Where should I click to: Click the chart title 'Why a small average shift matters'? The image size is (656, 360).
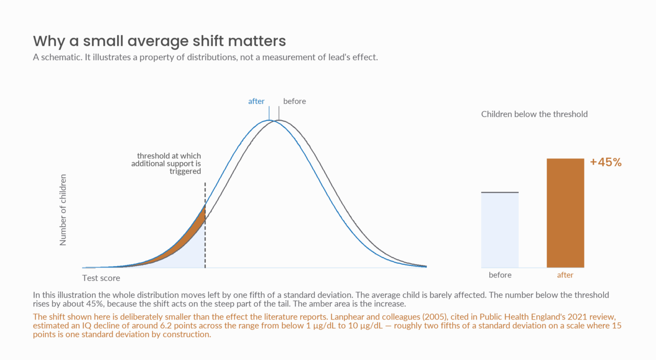(159, 41)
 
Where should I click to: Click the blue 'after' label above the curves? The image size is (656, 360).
(256, 101)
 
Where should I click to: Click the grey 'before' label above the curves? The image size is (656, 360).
(294, 101)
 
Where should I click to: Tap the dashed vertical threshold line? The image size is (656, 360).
(205, 225)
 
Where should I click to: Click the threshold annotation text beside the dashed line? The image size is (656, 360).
(166, 163)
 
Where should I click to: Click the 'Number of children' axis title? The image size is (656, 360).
(63, 210)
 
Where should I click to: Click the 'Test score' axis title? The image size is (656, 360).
(101, 278)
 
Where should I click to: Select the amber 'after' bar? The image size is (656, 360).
(565, 213)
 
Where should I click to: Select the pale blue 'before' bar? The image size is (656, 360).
(500, 230)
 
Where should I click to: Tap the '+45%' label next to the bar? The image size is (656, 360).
(606, 162)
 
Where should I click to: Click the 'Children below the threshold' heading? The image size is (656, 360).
(534, 114)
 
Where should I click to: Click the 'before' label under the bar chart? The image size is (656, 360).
(500, 275)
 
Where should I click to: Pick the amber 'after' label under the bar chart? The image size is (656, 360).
(565, 275)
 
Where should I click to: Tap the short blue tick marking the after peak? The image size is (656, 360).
(269, 113)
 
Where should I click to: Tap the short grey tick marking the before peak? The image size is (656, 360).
(279, 113)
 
